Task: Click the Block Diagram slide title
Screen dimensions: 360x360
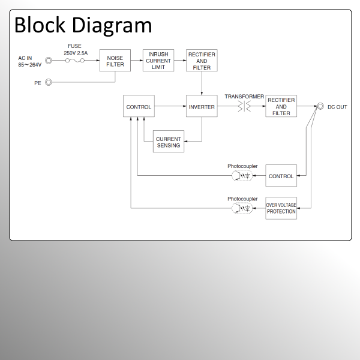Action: coord(83,25)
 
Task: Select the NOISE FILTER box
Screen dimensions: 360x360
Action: coord(115,61)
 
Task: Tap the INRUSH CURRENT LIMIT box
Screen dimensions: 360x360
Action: coord(158,61)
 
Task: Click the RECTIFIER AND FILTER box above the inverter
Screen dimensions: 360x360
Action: coord(202,61)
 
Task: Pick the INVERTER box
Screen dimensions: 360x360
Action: coord(202,107)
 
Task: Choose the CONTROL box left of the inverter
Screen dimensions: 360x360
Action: coord(139,107)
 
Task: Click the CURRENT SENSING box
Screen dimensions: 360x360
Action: coord(169,142)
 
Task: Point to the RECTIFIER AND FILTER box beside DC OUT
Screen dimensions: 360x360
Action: coord(281,107)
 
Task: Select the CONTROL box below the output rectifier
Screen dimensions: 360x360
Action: coord(281,176)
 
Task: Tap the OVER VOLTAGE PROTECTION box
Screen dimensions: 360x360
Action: coord(281,208)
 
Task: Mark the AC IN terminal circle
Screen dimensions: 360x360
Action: coord(49,61)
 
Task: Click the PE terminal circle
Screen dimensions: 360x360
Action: coord(49,82)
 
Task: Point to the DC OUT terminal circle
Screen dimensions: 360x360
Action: coord(321,107)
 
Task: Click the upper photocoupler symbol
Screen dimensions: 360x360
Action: coord(242,176)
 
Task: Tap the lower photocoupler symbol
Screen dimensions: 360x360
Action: coord(242,208)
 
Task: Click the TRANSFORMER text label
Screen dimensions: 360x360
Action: coord(244,97)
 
